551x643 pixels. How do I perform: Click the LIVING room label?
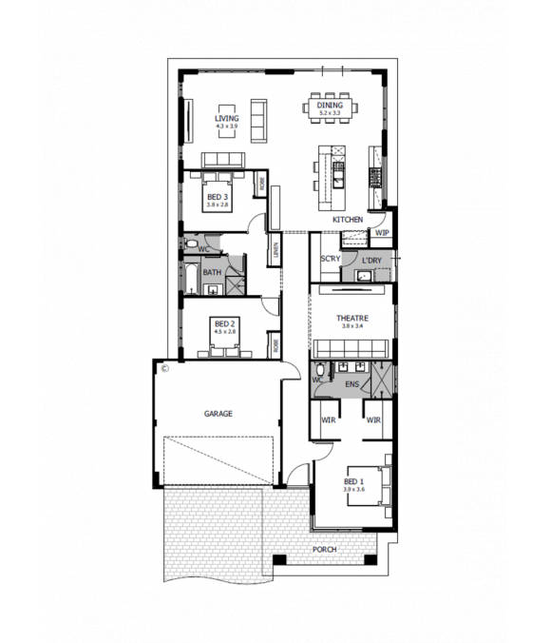226,119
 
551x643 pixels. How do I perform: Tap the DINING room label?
329,107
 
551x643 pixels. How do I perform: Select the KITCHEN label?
347,220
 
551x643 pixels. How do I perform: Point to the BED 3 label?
218,197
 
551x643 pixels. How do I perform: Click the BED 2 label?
224,322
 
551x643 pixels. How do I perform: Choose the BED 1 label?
353,482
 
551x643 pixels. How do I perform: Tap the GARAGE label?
218,414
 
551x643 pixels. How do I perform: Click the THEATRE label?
351,319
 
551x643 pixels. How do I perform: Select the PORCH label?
325,550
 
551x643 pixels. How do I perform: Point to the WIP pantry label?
382,232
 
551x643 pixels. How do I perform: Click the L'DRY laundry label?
371,259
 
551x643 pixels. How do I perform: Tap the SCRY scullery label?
330,259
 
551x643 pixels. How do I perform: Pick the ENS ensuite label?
351,385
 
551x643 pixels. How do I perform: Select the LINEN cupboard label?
275,252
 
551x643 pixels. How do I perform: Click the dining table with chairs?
329,105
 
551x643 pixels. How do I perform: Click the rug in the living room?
226,121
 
